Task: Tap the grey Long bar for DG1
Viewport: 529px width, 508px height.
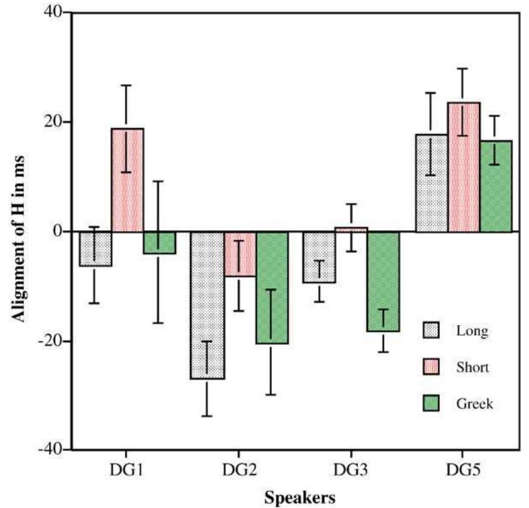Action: (x=95, y=248)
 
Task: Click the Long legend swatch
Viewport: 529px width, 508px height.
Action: (x=431, y=330)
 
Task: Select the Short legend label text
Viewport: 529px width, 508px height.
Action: (x=472, y=368)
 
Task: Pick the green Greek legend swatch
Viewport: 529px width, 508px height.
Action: (x=431, y=404)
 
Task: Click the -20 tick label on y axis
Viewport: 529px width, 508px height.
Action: (x=50, y=341)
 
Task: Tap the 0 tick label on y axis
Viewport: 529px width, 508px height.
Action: (x=58, y=232)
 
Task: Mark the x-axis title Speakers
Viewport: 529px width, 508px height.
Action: (x=299, y=497)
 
